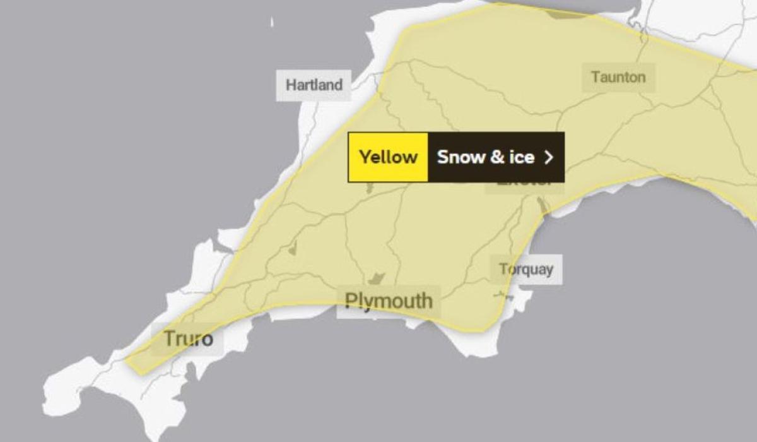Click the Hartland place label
(314, 85)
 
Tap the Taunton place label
(618, 77)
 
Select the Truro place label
(189, 339)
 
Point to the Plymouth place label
(389, 301)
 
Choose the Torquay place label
(526, 270)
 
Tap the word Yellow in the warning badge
(388, 157)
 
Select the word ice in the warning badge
(522, 157)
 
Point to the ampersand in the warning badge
(488, 157)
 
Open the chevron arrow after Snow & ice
(549, 157)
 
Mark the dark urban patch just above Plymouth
(377, 277)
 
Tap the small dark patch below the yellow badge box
(369, 188)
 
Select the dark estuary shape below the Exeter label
(541, 205)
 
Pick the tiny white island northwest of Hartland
(273, 23)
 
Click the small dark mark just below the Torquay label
(503, 294)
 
